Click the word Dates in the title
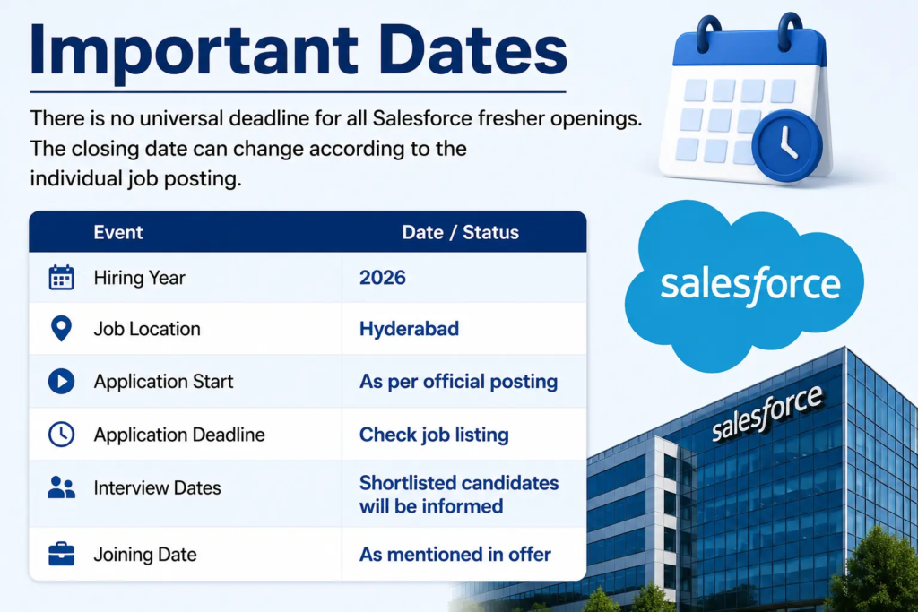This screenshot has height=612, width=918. (472, 51)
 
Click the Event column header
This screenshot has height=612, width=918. (118, 232)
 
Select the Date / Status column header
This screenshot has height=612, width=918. (460, 232)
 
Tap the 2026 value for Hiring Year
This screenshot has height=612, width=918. (382, 278)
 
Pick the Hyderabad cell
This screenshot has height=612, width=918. (409, 329)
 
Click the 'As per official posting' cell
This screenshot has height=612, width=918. (458, 382)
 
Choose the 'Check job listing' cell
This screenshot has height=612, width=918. (434, 435)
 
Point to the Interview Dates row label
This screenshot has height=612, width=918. (157, 488)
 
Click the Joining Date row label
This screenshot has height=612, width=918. (144, 554)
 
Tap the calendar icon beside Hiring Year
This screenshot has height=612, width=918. (61, 278)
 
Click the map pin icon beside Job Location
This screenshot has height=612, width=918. (61, 329)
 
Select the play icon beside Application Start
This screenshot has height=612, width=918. (61, 382)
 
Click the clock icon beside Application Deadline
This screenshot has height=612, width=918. (61, 435)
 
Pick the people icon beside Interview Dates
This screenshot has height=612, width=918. (61, 487)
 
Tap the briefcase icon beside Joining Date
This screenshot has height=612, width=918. (61, 554)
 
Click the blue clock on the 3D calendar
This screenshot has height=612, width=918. (787, 146)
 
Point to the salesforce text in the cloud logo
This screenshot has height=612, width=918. (750, 286)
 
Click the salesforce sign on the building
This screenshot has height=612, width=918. (767, 411)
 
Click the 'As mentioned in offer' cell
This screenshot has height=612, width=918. (455, 554)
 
